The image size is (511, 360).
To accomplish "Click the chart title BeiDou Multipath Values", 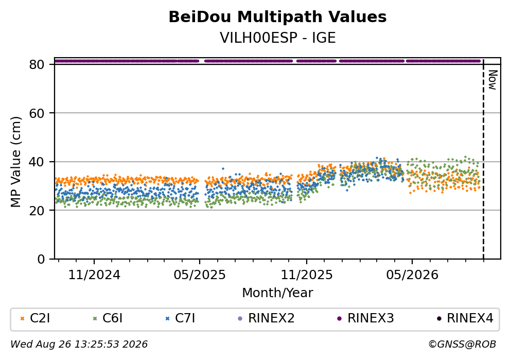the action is pos(277,17).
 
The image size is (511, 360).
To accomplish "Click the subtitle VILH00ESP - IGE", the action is pos(277,38).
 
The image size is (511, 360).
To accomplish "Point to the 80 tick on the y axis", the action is pos(37,64).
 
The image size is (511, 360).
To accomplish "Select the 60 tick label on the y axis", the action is pos(37,113).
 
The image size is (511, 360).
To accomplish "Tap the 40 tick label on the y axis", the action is pos(37,162).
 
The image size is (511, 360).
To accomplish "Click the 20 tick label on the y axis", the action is pos(37,210).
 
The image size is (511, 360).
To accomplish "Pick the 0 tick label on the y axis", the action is pos(41,259).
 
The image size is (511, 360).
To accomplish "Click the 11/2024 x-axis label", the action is pos(94,275).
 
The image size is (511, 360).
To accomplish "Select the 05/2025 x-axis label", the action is pos(200,275).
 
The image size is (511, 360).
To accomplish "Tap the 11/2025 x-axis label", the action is pos(307,275).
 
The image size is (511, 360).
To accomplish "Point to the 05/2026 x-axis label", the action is pos(412,275).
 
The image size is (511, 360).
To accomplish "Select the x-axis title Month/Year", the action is pos(277,293).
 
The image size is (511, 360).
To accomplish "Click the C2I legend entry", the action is pos(35,318).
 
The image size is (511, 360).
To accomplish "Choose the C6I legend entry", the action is pos(108,318).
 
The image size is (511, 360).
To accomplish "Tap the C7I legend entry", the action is pos(180,318).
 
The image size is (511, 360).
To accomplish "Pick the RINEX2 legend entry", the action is pos(266,318).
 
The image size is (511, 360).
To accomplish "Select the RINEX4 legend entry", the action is pos(465,318).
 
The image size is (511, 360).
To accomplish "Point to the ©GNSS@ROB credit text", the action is pos(462,345).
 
